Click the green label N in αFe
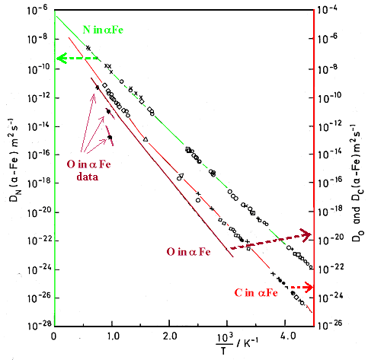[x=101, y=30]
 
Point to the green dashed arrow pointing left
[x=76, y=59]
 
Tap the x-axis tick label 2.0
[x=172, y=336]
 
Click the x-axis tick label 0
[x=54, y=336]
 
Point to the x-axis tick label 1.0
[x=113, y=336]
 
